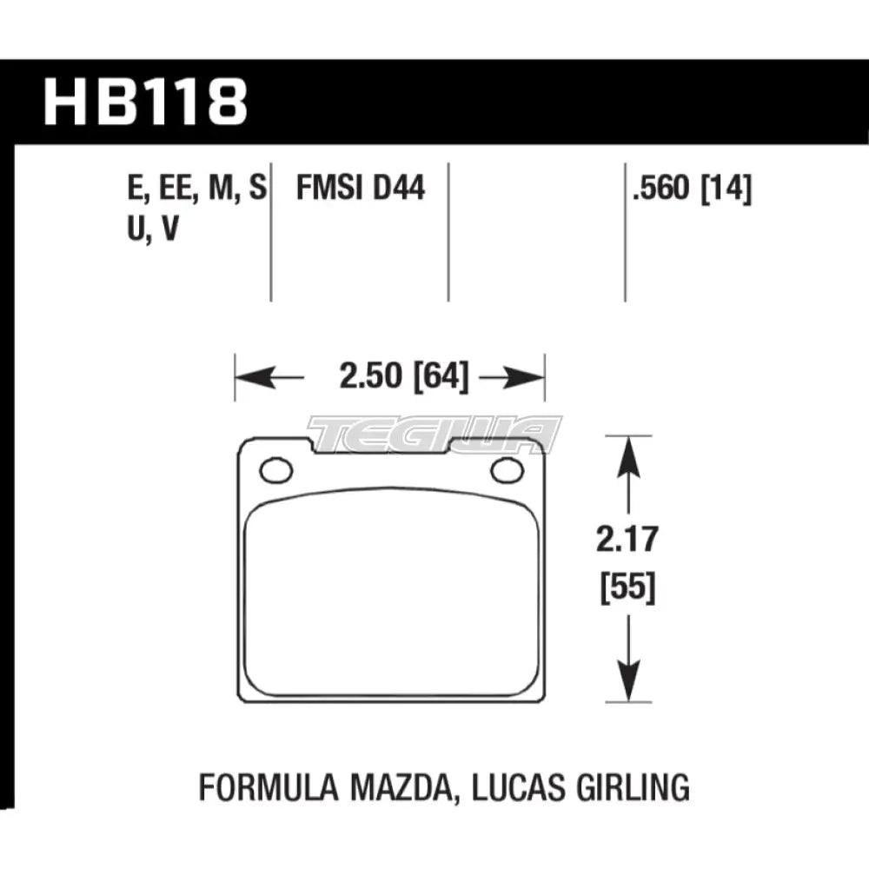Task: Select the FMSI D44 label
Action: [361, 187]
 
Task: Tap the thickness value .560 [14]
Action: [693, 187]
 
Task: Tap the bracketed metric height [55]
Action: [627, 590]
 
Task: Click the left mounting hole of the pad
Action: [275, 470]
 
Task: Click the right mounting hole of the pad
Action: [504, 470]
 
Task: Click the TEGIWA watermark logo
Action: [434, 432]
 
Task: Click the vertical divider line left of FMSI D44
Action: [271, 230]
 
